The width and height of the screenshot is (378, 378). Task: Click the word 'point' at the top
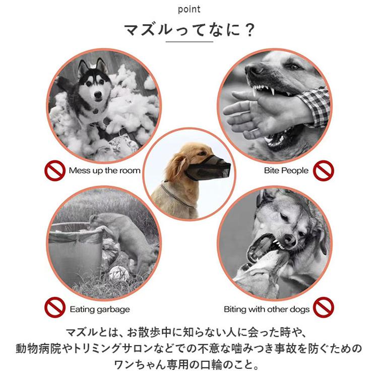pyautogui.click(x=189, y=10)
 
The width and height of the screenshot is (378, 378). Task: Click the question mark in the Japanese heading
pyautogui.click(x=248, y=30)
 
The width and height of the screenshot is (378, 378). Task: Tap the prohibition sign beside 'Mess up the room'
pyautogui.click(x=55, y=171)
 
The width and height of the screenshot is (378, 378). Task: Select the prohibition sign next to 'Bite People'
pyautogui.click(x=324, y=171)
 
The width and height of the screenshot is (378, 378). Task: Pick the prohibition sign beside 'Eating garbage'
pyautogui.click(x=55, y=307)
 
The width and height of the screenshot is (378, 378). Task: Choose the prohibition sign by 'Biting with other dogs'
pyautogui.click(x=324, y=307)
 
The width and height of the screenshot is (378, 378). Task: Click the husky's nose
pyautogui.click(x=98, y=94)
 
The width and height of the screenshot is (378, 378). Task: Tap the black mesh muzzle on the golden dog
pyautogui.click(x=208, y=167)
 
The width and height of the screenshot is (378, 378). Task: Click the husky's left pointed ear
pyautogui.click(x=83, y=67)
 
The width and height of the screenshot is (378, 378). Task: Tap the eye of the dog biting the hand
pyautogui.click(x=292, y=67)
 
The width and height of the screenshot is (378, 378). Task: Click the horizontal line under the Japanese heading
pyautogui.click(x=189, y=42)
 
